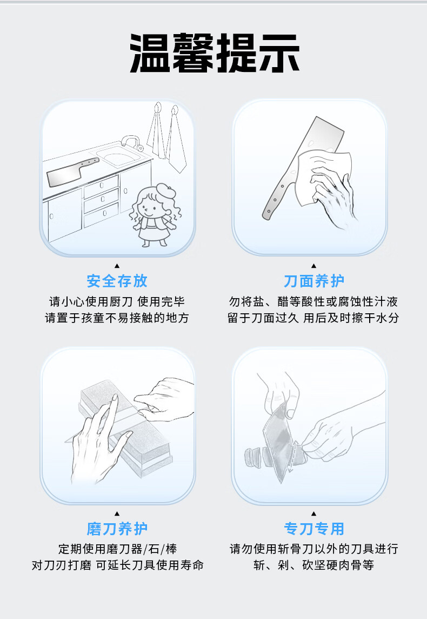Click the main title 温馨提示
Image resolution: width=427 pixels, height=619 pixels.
tap(215, 53)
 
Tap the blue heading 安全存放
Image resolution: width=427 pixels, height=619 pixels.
tap(117, 281)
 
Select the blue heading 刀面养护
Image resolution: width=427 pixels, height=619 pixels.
tap(314, 281)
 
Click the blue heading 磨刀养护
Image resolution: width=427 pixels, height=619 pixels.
tap(117, 529)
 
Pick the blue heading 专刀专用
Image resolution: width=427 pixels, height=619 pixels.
tap(314, 529)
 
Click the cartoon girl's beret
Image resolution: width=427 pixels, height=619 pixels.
tap(165, 190)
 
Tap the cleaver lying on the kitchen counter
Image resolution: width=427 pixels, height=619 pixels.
tap(71, 173)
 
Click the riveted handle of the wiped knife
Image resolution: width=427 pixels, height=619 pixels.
tap(279, 198)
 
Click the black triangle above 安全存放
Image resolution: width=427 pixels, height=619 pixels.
tap(117, 266)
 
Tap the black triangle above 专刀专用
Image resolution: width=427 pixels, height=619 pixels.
tap(314, 513)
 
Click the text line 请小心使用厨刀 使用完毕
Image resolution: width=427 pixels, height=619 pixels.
tap(117, 302)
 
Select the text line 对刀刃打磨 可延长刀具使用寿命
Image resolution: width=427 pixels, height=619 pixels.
tap(117, 565)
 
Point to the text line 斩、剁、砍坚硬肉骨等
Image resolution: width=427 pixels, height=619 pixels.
tap(314, 565)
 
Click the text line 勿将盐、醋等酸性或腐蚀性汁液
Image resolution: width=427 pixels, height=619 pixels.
tap(314, 302)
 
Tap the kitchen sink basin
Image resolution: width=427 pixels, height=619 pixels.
tap(120, 156)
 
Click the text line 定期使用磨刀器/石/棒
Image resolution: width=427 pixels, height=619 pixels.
tap(117, 549)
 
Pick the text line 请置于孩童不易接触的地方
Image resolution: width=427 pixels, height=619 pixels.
tap(117, 318)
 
